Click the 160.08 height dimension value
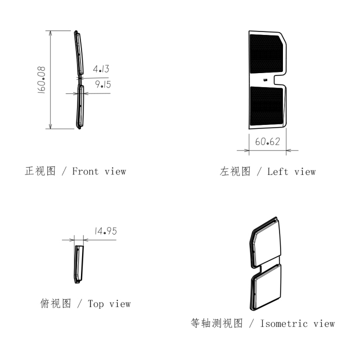pyautogui.click(x=41, y=80)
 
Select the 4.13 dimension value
pyautogui.click(x=101, y=69)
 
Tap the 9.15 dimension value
pyautogui.click(x=103, y=84)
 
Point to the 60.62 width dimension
pyautogui.click(x=268, y=141)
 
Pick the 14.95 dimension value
pyautogui.click(x=106, y=231)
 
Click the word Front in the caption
pyautogui.click(x=85, y=171)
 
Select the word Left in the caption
pyautogui.click(x=277, y=172)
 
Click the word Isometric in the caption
pyautogui.click(x=283, y=324)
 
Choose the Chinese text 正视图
pyautogui.click(x=40, y=171)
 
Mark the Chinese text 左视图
pyautogui.click(x=235, y=172)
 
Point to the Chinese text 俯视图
pyautogui.click(x=56, y=304)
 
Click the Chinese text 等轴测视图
pyautogui.click(x=217, y=323)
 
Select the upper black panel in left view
pyautogui.click(x=266, y=54)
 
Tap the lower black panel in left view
pyautogui.click(x=266, y=106)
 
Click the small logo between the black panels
pyautogui.click(x=265, y=80)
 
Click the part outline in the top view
pyautogui.click(x=79, y=264)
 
